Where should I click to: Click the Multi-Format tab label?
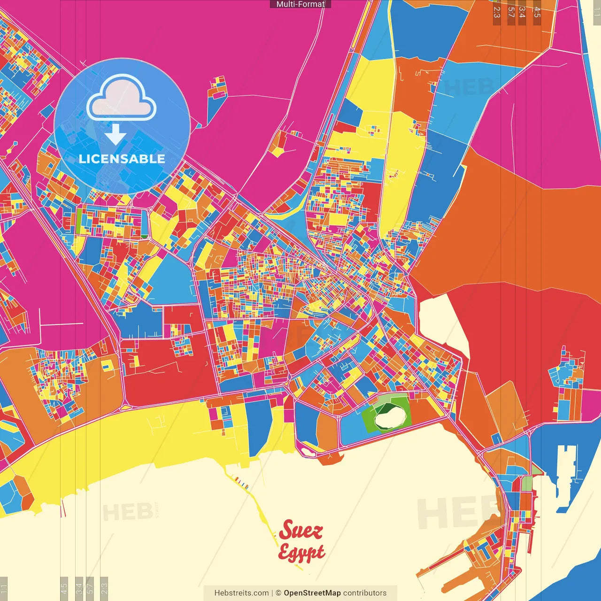click(x=300, y=4)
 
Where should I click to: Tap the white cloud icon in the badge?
click(x=122, y=100)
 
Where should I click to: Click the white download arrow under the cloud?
click(x=116, y=135)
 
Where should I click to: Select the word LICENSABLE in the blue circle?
click(x=122, y=159)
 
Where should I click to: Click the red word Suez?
click(x=301, y=531)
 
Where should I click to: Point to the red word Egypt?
click(x=301, y=553)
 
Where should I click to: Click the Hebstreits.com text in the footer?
click(x=241, y=593)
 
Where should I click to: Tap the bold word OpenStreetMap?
click(x=312, y=593)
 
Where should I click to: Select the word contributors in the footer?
click(x=365, y=593)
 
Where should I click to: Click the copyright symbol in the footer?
click(x=278, y=593)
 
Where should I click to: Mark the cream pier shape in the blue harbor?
click(x=566, y=474)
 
